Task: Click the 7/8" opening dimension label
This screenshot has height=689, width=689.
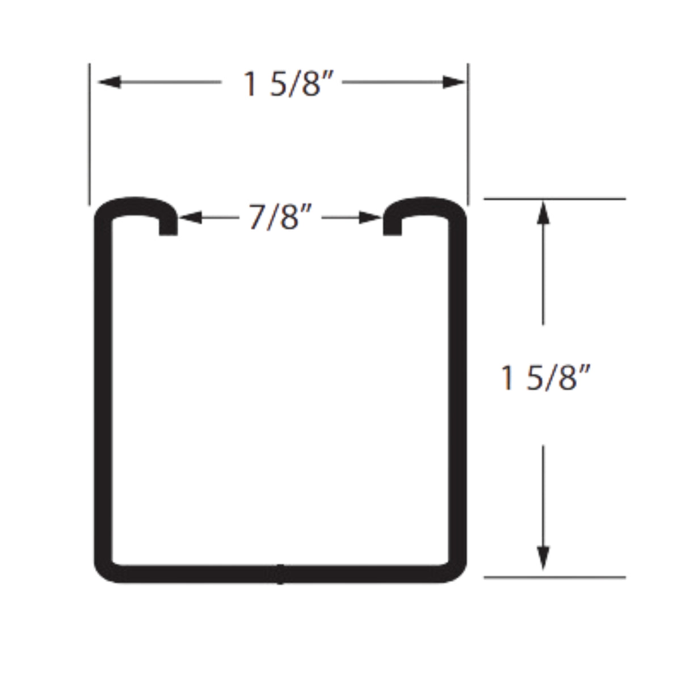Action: click(x=281, y=217)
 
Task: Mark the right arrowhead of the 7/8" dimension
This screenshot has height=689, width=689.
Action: click(x=371, y=217)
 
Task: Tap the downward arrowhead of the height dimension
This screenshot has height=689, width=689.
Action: click(x=543, y=559)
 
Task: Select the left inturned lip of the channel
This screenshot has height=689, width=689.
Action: click(x=168, y=224)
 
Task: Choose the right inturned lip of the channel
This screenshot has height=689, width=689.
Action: click(x=392, y=224)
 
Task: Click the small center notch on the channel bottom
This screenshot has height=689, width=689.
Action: click(x=280, y=574)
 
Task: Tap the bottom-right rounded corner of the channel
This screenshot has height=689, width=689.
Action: click(x=456, y=570)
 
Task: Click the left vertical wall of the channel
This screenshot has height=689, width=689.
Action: click(x=102, y=392)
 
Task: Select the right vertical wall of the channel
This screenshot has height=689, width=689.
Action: click(x=459, y=392)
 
